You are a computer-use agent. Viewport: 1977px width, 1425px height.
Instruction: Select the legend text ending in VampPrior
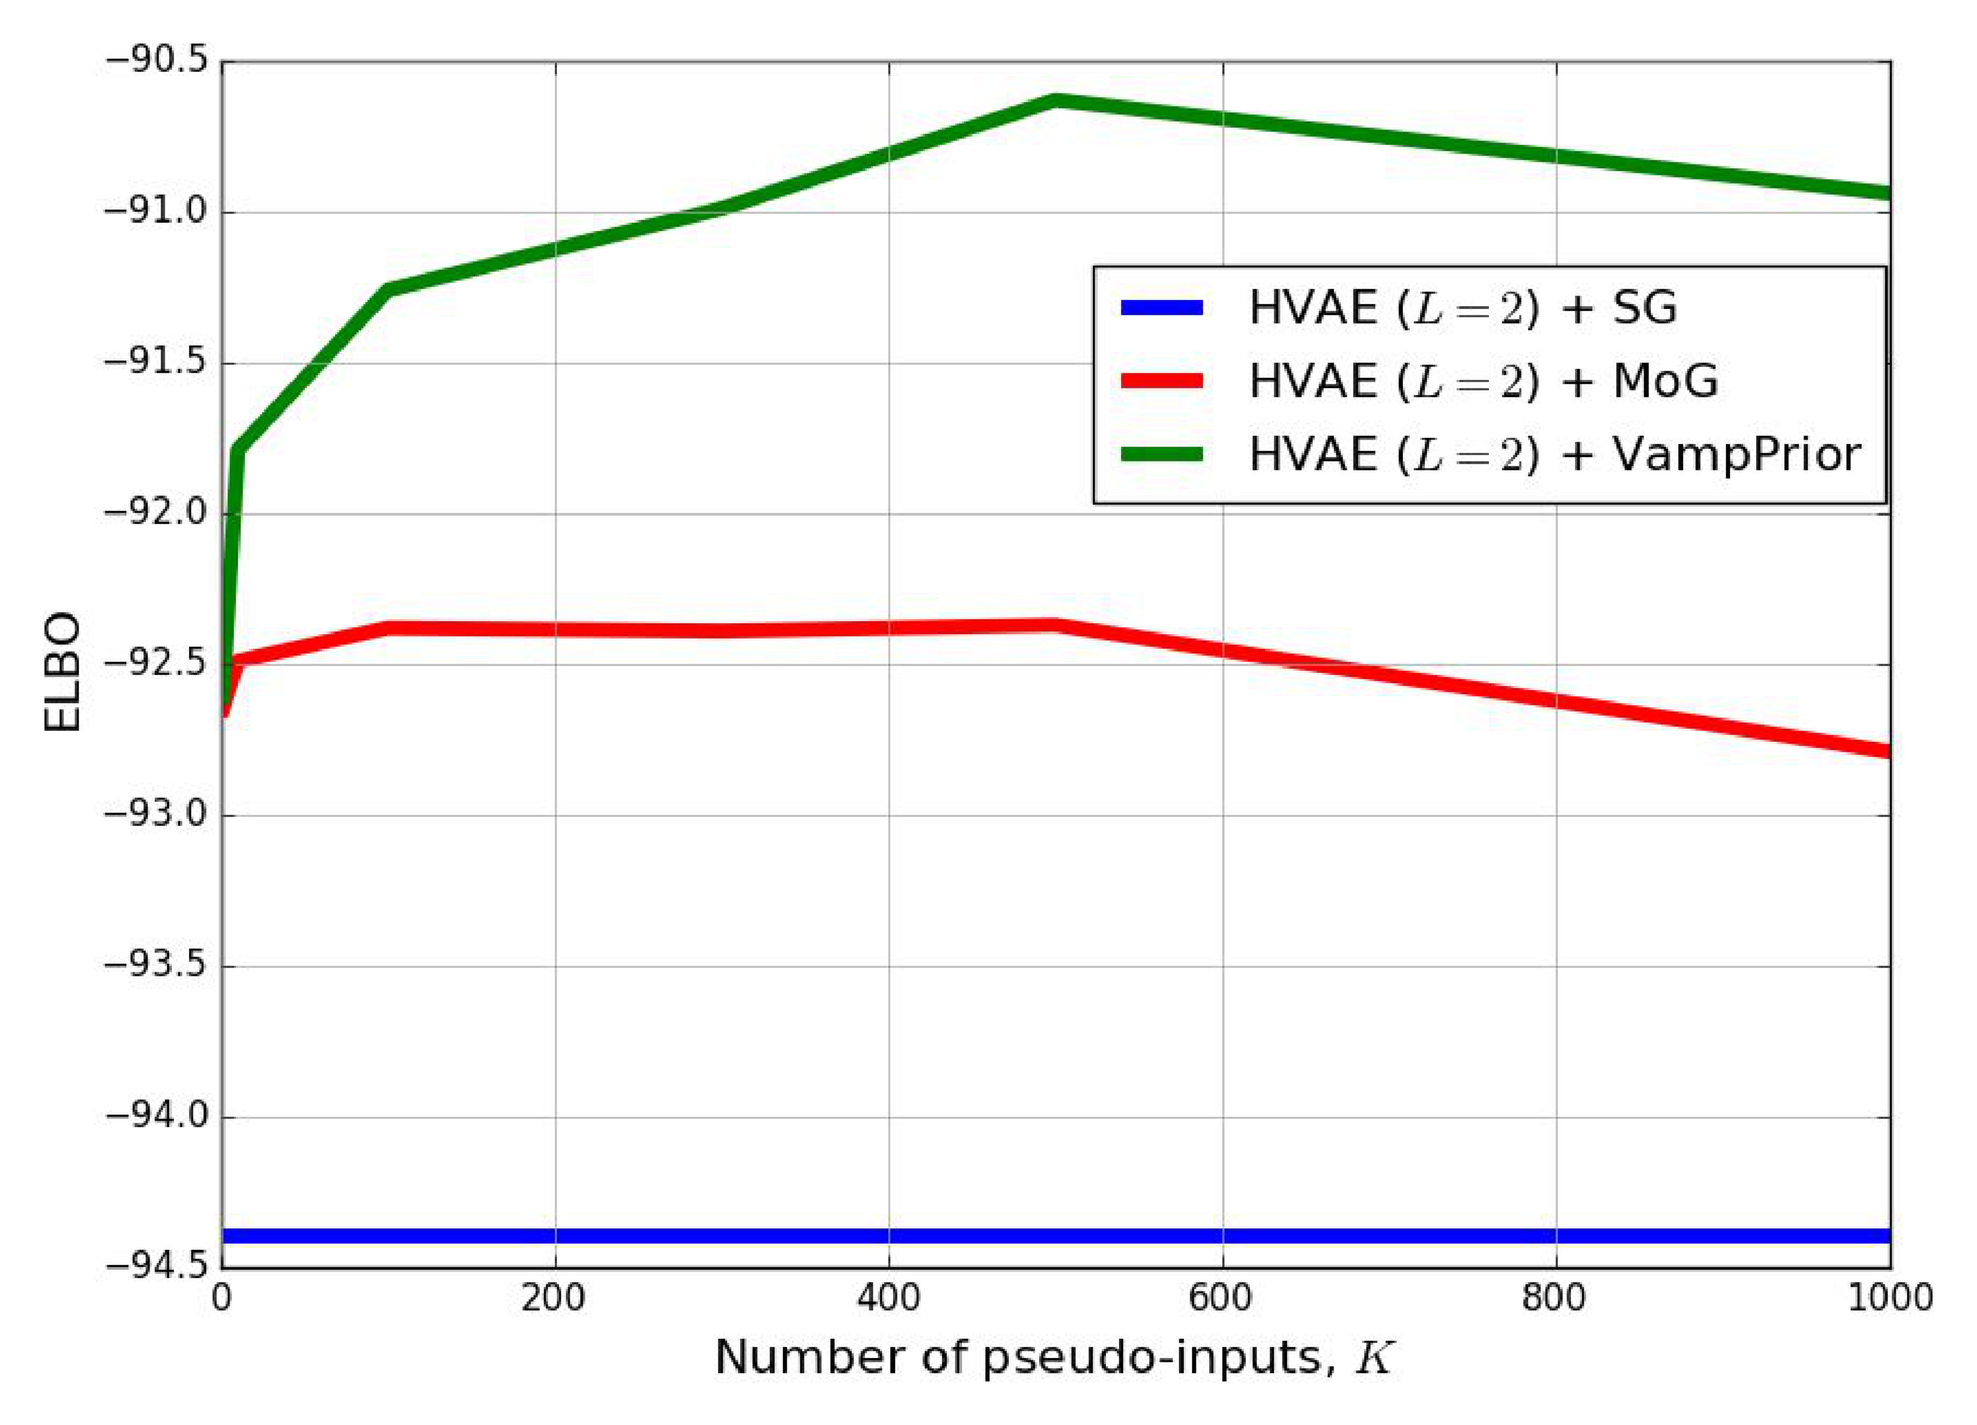click(1555, 455)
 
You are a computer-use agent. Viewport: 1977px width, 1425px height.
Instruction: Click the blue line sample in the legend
click(1162, 307)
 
